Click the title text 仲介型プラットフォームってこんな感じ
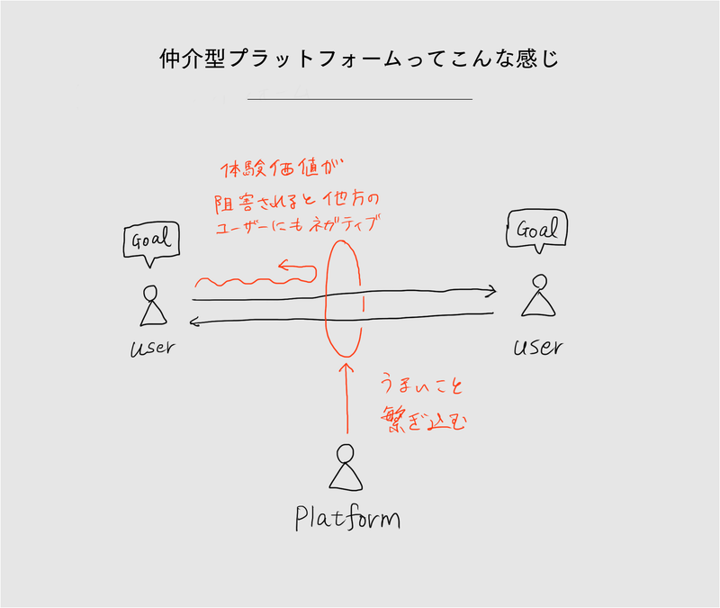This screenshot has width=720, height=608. pos(359,60)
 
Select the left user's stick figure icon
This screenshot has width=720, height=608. pos(151,305)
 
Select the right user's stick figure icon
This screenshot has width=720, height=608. pos(536,296)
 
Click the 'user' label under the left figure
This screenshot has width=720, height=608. pos(150,347)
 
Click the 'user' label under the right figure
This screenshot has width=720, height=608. pos(537,347)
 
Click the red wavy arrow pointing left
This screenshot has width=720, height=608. pos(256,275)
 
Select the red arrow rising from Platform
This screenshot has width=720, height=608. pos(346,396)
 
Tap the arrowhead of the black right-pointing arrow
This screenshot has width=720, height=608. pos(490,291)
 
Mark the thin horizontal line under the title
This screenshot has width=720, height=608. pos(359,98)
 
